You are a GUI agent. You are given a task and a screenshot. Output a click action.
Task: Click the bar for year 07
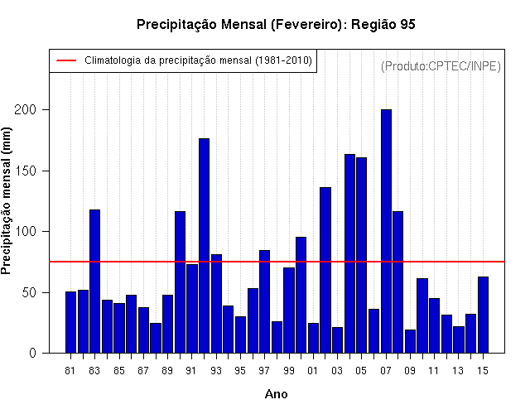(386, 231)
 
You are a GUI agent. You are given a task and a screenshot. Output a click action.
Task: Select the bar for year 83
(94, 282)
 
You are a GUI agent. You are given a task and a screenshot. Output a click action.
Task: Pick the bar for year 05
(361, 255)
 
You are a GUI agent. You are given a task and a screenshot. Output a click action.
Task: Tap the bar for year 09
(410, 341)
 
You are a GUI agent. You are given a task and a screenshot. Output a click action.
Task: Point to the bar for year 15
(483, 315)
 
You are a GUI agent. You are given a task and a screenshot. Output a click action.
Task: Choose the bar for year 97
(264, 301)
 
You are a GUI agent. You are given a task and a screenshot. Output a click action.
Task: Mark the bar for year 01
(313, 338)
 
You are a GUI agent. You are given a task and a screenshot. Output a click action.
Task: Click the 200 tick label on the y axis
(25, 109)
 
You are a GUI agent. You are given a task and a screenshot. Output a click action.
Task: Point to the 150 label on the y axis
(25, 171)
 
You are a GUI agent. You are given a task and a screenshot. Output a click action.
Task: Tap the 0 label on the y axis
(32, 354)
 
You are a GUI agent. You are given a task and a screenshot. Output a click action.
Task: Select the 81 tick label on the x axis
(70, 371)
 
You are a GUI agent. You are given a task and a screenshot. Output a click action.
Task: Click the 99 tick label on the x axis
(289, 371)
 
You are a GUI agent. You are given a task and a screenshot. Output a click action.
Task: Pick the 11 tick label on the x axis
(434, 371)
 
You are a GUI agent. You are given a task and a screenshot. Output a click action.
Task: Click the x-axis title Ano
(276, 394)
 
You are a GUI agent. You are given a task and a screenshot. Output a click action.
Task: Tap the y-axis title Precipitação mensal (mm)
(6, 200)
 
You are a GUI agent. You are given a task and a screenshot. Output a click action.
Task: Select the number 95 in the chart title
(408, 24)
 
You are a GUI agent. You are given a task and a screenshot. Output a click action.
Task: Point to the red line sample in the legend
(66, 60)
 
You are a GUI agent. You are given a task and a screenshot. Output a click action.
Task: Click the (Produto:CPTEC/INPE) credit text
(441, 66)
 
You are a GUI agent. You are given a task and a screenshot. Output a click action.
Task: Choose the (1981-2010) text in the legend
(283, 60)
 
